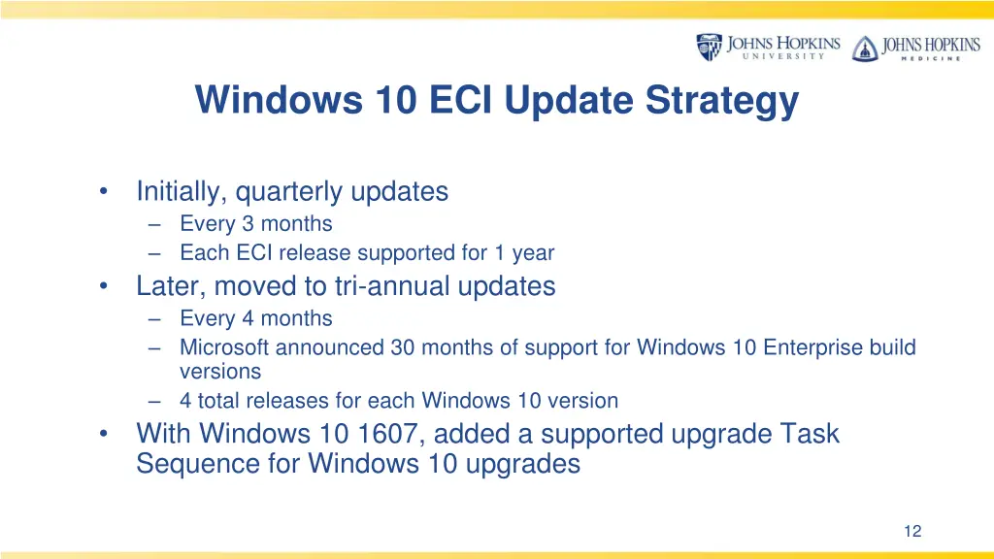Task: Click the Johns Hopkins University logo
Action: tap(768, 47)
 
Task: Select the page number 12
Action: tap(911, 531)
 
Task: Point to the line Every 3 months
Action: tap(255, 224)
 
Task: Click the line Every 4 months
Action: tap(255, 318)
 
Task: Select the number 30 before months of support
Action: tap(403, 347)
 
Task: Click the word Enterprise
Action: tap(816, 347)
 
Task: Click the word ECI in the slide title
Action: tap(462, 100)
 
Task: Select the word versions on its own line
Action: tap(220, 372)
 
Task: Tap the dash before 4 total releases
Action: tap(156, 401)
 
